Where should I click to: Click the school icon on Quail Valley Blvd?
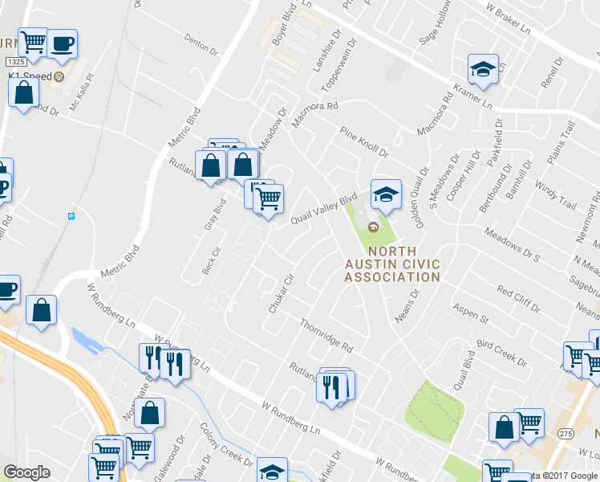click(x=385, y=195)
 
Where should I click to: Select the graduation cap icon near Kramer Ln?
click(x=483, y=70)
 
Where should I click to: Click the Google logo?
click(x=26, y=472)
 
